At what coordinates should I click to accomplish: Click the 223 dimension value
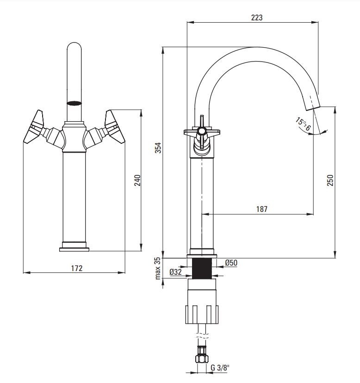[257, 18]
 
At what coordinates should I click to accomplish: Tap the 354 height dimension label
[158, 148]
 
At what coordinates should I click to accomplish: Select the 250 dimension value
[330, 180]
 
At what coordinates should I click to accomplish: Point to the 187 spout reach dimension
[262, 209]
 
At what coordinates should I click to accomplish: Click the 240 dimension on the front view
[137, 180]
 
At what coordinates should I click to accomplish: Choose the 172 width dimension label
[77, 268]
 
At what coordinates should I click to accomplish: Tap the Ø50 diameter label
[231, 263]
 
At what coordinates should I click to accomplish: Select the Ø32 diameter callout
[175, 272]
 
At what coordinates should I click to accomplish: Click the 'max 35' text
[158, 268]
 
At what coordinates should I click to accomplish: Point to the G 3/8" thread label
[220, 368]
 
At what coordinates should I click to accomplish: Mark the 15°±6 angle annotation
[303, 124]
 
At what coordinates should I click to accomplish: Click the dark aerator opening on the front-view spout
[74, 103]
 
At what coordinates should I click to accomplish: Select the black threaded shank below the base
[202, 269]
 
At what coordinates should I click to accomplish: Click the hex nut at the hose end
[202, 358]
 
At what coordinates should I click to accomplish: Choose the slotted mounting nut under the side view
[202, 315]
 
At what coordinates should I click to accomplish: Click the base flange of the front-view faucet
[74, 249]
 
